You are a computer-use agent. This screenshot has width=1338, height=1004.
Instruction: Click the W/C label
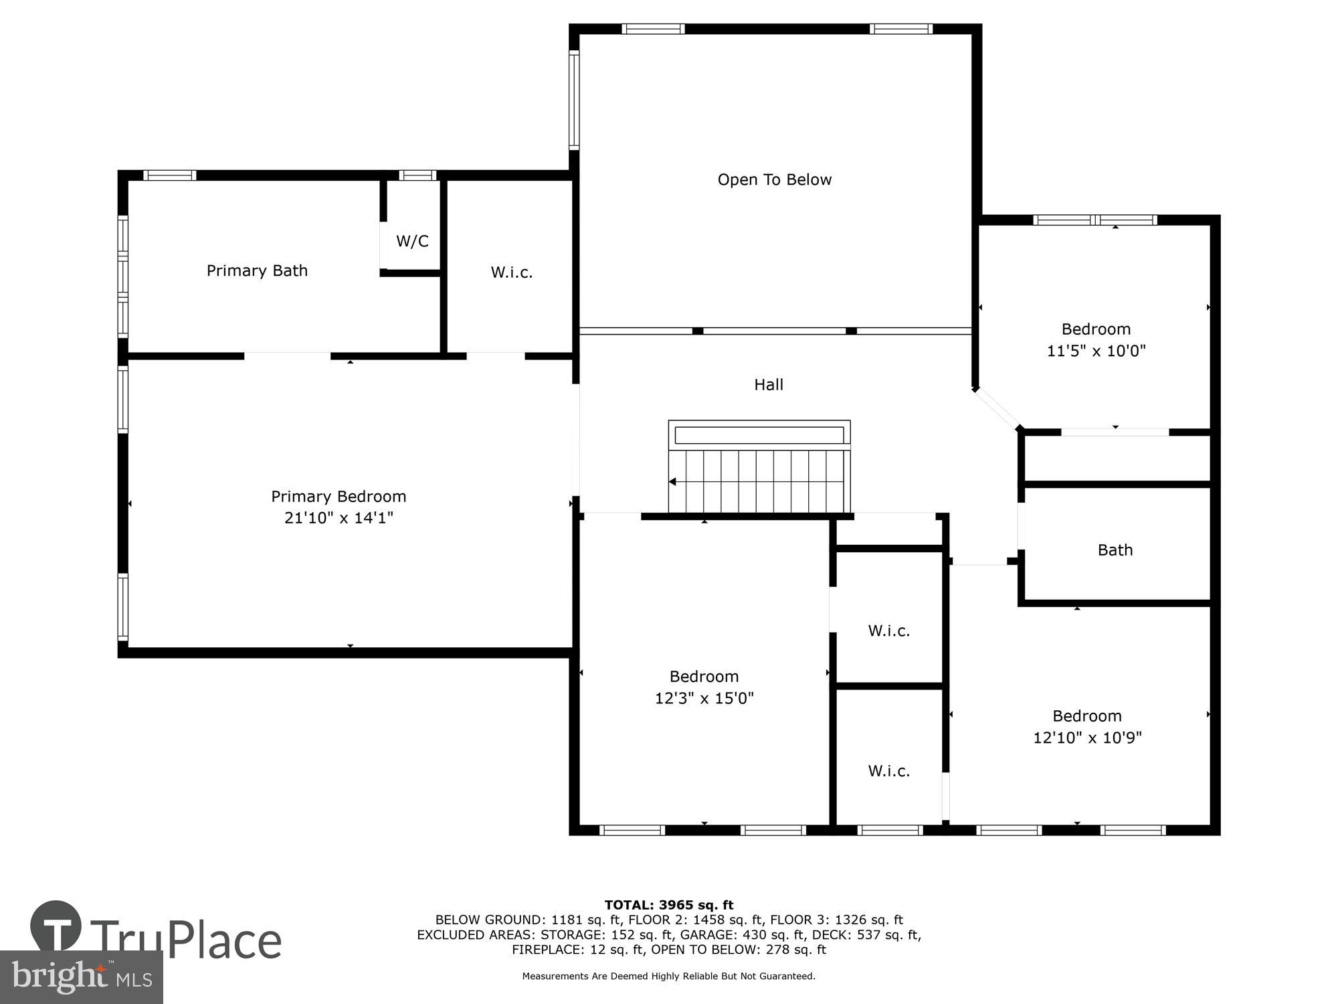[412, 241]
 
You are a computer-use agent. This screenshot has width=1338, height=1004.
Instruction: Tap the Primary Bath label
[257, 270]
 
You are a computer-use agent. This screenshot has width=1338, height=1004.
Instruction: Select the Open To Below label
[774, 179]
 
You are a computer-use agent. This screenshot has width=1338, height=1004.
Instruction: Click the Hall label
[768, 384]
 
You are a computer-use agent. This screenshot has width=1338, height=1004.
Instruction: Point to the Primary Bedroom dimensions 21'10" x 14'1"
[339, 517]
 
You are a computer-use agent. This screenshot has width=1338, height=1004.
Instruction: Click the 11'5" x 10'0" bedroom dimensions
[1096, 351]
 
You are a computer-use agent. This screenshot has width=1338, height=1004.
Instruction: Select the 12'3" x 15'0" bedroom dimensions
[704, 698]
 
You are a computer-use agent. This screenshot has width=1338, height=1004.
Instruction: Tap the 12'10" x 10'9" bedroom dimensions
[1087, 738]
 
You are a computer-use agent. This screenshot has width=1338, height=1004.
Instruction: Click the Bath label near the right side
[1115, 550]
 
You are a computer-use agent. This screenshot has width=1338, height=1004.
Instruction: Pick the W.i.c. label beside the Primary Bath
[511, 272]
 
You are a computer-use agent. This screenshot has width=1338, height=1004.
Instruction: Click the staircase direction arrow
[672, 482]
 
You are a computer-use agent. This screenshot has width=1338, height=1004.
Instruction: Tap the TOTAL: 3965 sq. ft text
[669, 905]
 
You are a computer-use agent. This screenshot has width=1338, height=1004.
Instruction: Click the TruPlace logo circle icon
[56, 926]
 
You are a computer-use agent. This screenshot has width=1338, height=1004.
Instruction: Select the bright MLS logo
[81, 977]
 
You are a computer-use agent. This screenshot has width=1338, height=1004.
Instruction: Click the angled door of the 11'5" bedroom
[997, 408]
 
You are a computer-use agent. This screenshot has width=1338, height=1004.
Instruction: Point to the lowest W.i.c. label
[888, 771]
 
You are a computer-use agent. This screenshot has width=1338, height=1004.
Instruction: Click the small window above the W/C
[417, 175]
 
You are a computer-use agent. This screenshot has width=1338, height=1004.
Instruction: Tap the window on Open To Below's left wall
[573, 100]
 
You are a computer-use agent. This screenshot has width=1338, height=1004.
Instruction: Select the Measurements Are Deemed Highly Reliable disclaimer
[669, 976]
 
